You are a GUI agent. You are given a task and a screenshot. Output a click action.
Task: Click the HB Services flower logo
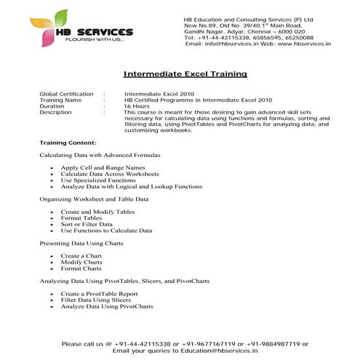55,24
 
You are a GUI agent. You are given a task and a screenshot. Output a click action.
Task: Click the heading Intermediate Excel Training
185,73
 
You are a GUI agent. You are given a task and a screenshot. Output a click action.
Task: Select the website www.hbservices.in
304,44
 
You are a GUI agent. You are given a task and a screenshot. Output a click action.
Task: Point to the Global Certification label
66,94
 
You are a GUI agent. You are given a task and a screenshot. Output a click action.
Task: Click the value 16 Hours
137,106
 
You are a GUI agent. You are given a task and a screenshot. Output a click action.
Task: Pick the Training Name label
62,100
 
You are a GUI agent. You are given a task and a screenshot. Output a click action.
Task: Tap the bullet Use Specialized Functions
98,180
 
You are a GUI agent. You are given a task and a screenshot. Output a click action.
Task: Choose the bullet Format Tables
81,217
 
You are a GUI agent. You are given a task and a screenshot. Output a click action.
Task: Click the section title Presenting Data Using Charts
81,243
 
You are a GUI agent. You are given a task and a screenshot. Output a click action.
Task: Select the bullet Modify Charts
81,262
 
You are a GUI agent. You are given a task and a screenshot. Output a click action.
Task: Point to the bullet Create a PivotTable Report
100,293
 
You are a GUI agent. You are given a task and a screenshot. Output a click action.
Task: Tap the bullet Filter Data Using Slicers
96,300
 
